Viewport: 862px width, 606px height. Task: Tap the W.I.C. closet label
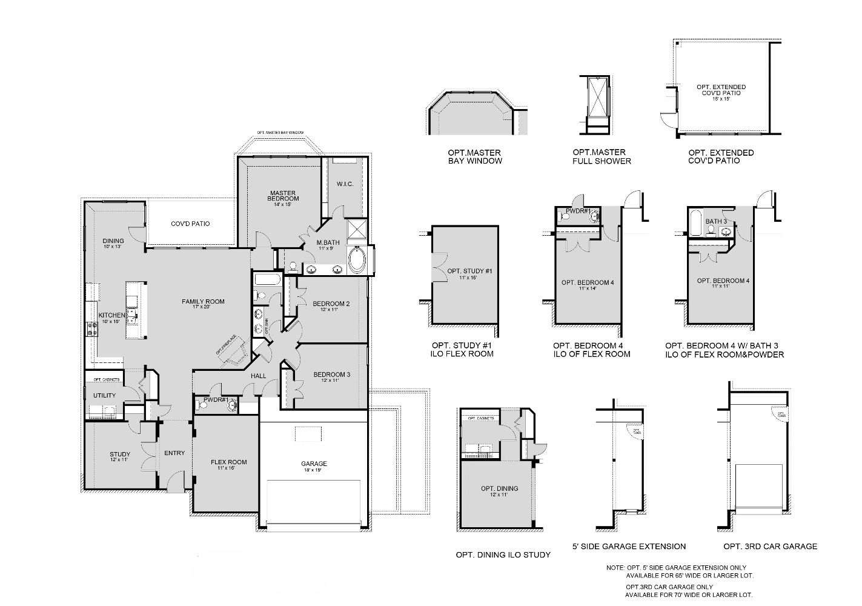(x=345, y=184)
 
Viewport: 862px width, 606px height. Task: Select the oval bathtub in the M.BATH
(x=357, y=262)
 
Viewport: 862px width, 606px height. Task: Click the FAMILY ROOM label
(x=204, y=301)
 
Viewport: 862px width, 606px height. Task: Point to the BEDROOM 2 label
(x=331, y=304)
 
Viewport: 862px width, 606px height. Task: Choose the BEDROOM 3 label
(x=331, y=375)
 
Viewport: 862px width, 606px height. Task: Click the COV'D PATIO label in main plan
(x=190, y=224)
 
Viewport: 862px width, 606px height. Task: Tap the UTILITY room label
(x=104, y=396)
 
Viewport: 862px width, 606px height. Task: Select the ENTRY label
(x=174, y=453)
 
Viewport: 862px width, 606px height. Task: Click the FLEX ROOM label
(x=228, y=462)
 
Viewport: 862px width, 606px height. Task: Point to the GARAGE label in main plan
(x=314, y=464)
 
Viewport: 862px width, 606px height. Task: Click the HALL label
(x=259, y=376)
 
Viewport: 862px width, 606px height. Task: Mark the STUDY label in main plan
(x=120, y=454)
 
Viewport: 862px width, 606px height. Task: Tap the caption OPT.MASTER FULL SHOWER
(x=602, y=157)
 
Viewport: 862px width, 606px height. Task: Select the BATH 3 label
(x=716, y=222)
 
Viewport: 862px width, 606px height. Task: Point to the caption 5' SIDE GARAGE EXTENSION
(x=629, y=546)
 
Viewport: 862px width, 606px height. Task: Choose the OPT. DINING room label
(x=499, y=488)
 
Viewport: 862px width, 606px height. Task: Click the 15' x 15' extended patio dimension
(x=721, y=98)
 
